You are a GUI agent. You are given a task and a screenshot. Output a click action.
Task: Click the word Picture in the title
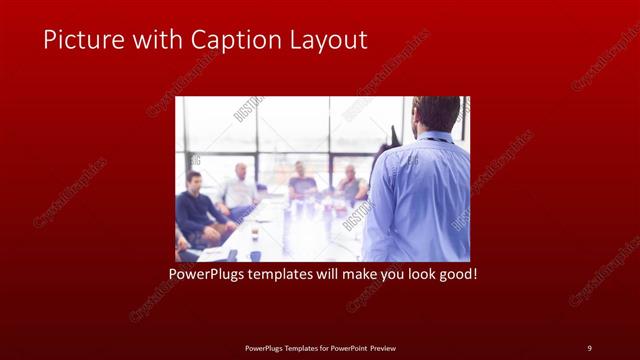[80, 40]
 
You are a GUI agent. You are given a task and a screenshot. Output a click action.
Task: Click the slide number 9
[589, 348]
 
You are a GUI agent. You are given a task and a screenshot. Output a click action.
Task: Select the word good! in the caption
[456, 272]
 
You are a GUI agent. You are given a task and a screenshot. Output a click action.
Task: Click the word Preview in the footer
[386, 348]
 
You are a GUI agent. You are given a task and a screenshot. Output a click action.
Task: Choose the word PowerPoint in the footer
[347, 348]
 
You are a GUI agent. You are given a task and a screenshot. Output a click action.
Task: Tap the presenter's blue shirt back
[420, 200]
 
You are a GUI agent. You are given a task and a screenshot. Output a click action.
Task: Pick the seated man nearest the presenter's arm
[350, 185]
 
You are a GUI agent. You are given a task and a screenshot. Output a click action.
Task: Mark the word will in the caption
[329, 272]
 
